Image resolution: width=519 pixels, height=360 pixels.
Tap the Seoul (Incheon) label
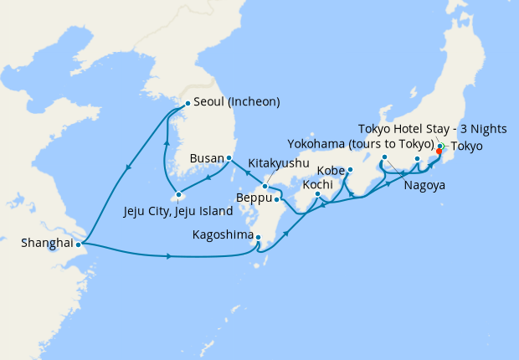(x=236, y=102)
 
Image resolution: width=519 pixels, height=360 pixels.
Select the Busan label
(x=206, y=157)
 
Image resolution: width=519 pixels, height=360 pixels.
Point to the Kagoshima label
(x=223, y=235)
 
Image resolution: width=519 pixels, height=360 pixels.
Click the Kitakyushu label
(x=279, y=162)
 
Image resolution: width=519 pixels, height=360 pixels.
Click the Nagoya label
(x=423, y=184)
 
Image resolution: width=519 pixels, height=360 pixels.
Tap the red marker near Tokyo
(x=439, y=152)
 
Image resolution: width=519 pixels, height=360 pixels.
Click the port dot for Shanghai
(x=78, y=244)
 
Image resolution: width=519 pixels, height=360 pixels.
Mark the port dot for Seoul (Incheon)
(x=187, y=103)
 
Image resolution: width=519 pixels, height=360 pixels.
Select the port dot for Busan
(x=229, y=157)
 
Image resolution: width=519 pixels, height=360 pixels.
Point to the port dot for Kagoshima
(x=259, y=237)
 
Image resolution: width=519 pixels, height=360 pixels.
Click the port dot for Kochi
(x=317, y=194)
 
